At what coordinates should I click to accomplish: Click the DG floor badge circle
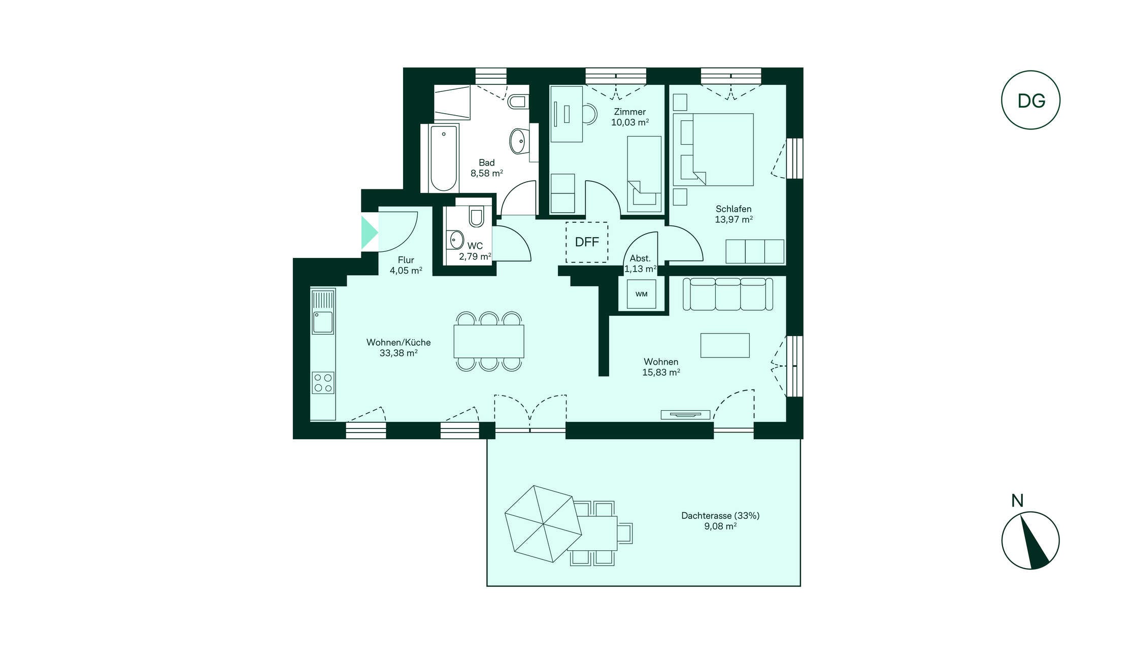[x=1030, y=71]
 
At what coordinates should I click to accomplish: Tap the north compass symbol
[x=1030, y=540]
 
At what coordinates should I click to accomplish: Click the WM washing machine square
[x=641, y=294]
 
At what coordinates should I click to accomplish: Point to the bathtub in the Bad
[x=444, y=158]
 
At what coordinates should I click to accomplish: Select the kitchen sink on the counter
[x=323, y=321]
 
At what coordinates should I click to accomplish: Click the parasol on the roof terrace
[x=543, y=524]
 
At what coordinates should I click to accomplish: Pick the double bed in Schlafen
[x=713, y=149]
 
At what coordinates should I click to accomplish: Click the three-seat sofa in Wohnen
[x=728, y=294]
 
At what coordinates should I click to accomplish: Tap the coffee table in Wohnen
[x=725, y=345]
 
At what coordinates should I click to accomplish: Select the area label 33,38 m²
[x=398, y=353]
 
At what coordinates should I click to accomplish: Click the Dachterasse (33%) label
[x=720, y=516]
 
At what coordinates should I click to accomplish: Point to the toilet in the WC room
[x=476, y=217]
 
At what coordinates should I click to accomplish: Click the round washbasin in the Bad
[x=518, y=141]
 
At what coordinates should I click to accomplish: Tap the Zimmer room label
[x=630, y=112]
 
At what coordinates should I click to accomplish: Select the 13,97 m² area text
[x=734, y=219]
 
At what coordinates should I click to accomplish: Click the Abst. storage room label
[x=640, y=258]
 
